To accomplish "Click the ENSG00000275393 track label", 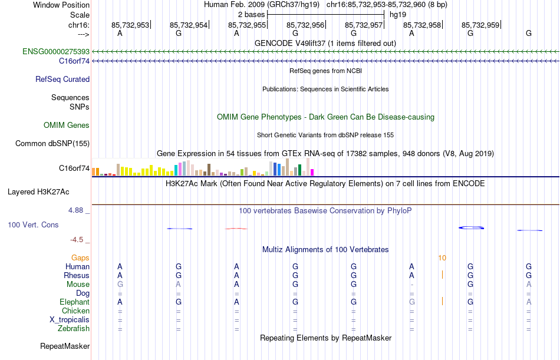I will [56, 52].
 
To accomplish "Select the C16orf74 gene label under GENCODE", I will [74, 61].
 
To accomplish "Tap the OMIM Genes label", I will [66, 125].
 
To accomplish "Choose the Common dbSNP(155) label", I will [52, 144].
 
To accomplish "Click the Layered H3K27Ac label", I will [38, 192].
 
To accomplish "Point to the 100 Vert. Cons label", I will [33, 225].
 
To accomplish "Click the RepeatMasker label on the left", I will [65, 346].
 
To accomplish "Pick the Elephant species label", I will [74, 302].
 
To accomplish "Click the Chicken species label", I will [75, 311].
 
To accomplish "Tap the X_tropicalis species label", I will [70, 320].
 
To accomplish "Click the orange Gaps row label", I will [80, 258].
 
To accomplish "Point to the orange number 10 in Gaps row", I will [442, 258].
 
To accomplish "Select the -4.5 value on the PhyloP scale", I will [78, 240].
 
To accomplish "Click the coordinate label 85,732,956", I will [305, 25].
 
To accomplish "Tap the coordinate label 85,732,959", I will [480, 25].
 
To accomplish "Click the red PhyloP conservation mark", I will [236, 229].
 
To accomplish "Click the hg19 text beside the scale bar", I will [398, 14].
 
